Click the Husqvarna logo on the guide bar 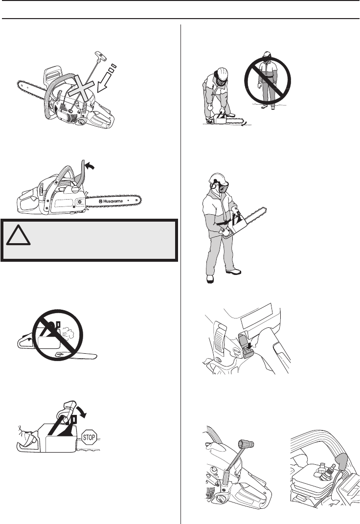pyautogui.click(x=111, y=201)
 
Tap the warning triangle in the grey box pyautogui.click(x=19, y=235)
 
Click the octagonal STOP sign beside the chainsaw pyautogui.click(x=89, y=437)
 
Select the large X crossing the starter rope pyautogui.click(x=81, y=88)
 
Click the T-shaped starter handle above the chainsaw pyautogui.click(x=101, y=56)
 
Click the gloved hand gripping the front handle pyautogui.click(x=67, y=410)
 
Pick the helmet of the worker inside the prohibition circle pyautogui.click(x=267, y=54)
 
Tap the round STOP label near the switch pyautogui.click(x=236, y=351)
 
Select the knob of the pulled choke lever pyautogui.click(x=246, y=444)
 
